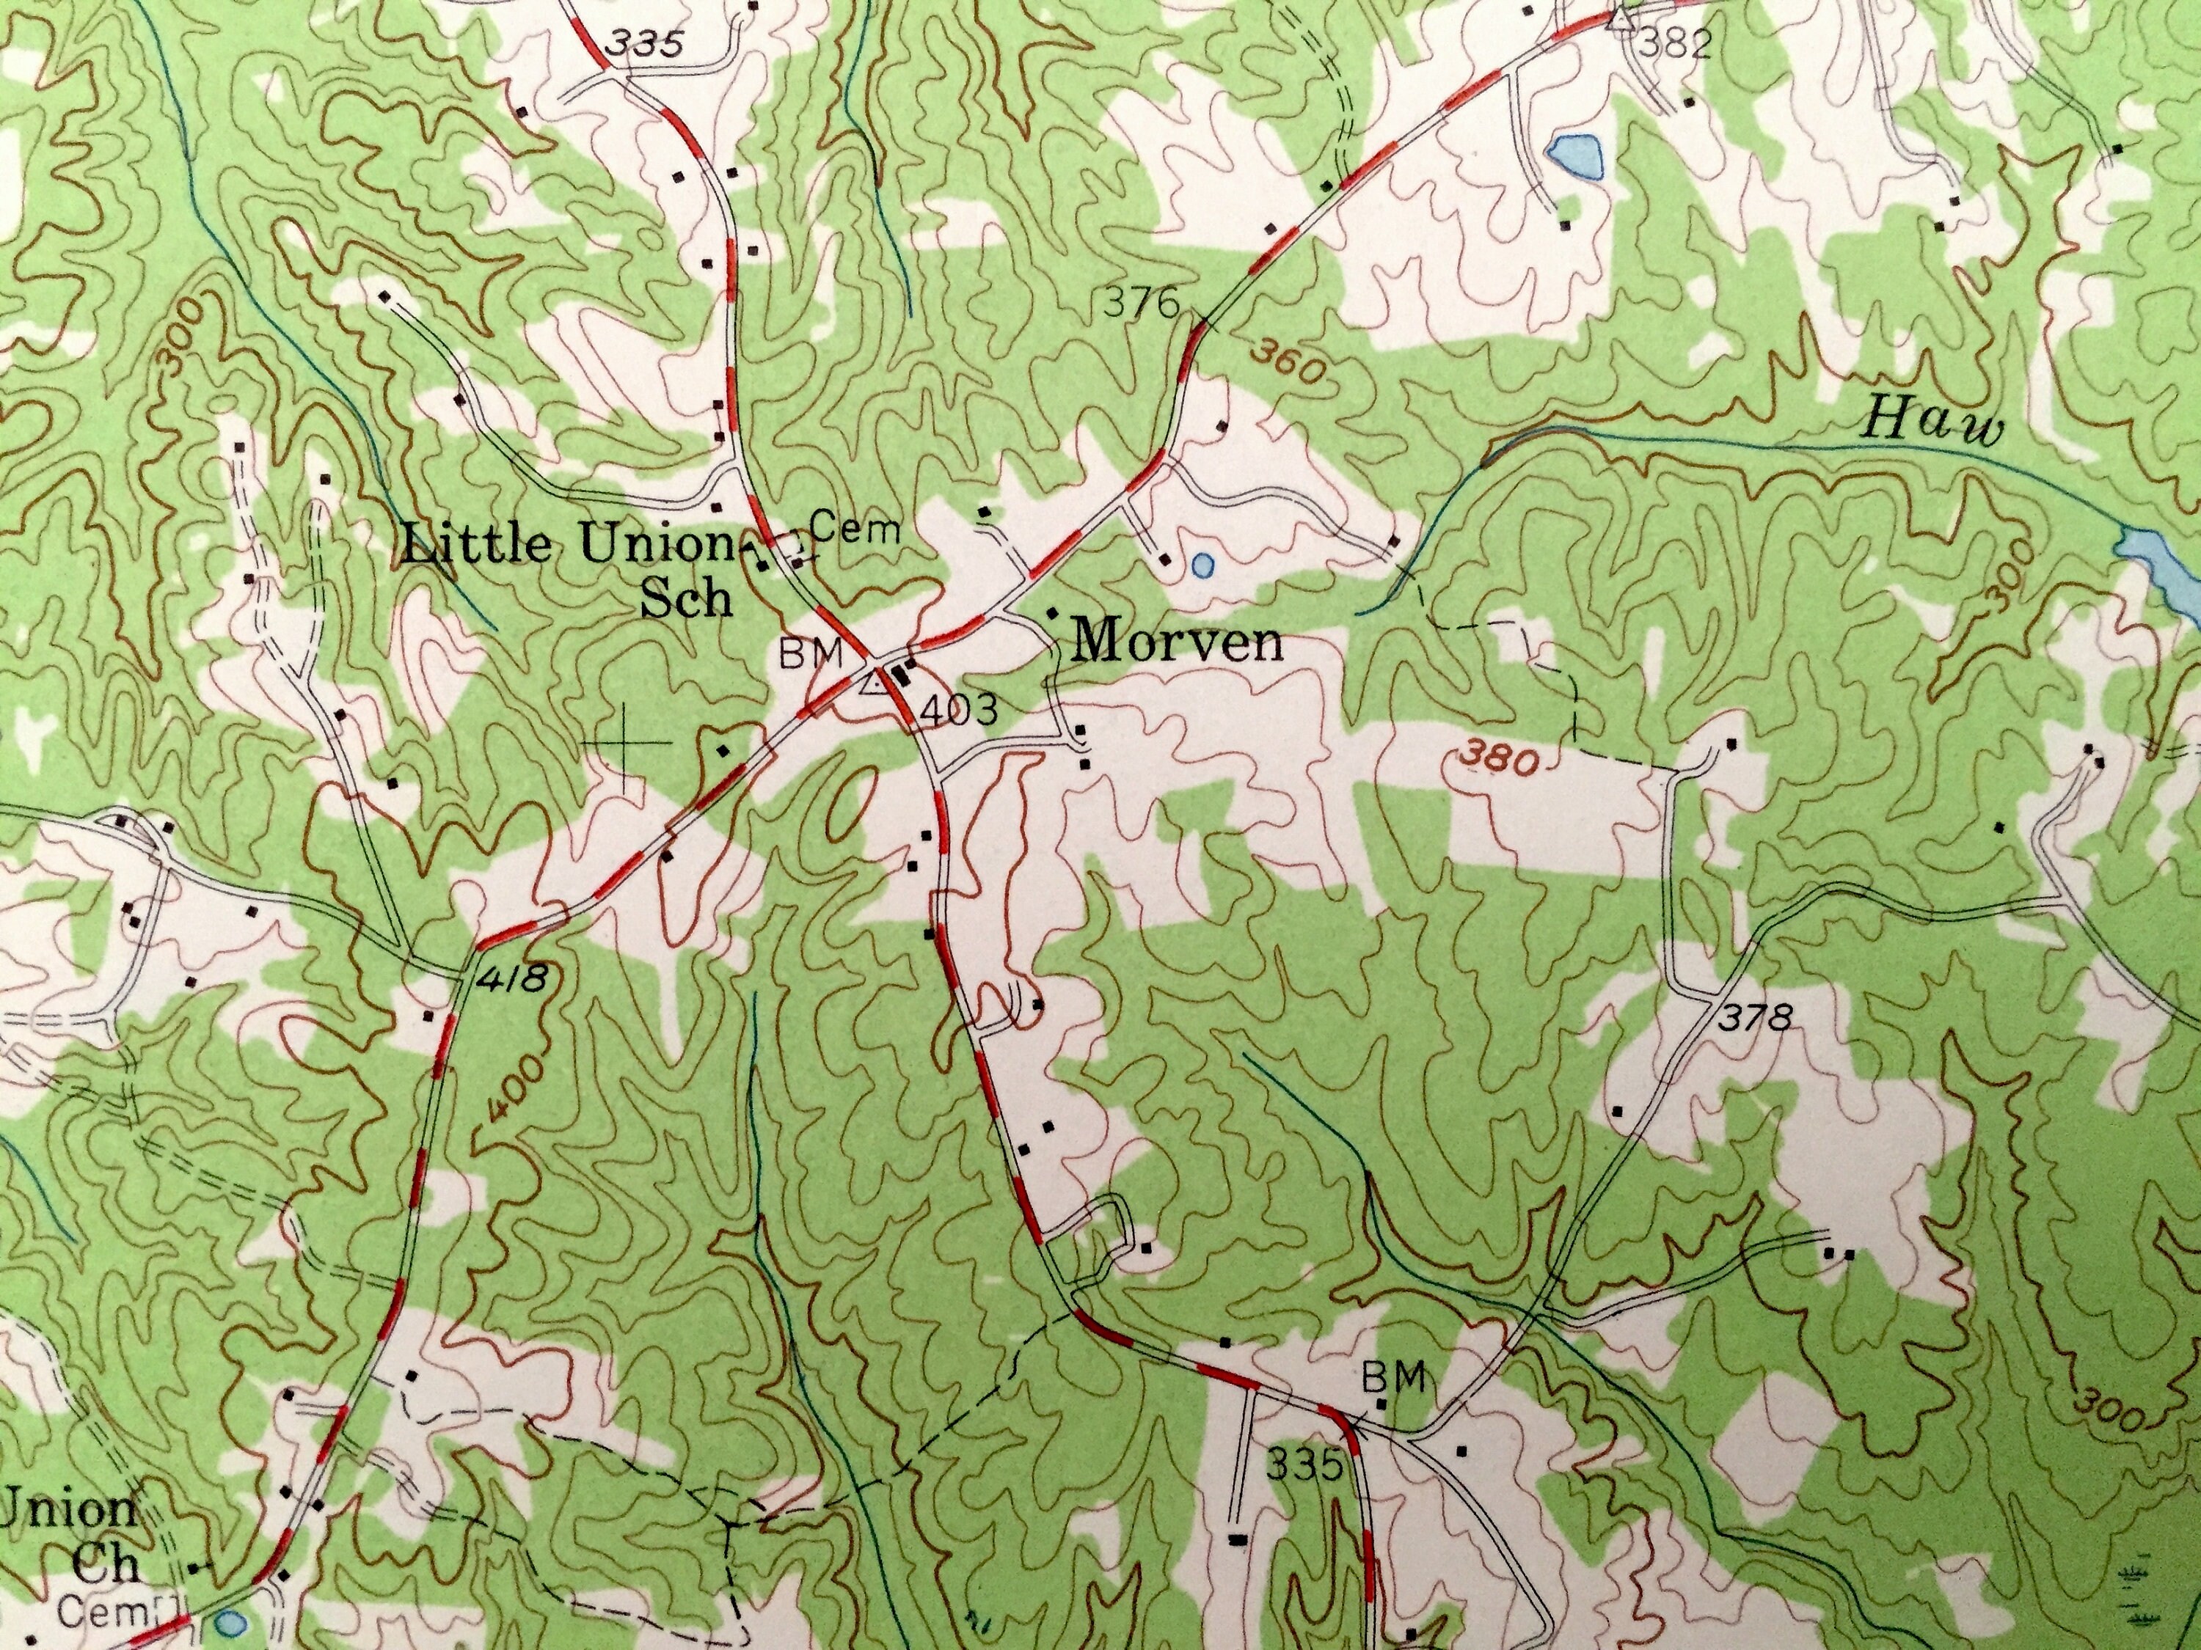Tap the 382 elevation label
[x=1675, y=44]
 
